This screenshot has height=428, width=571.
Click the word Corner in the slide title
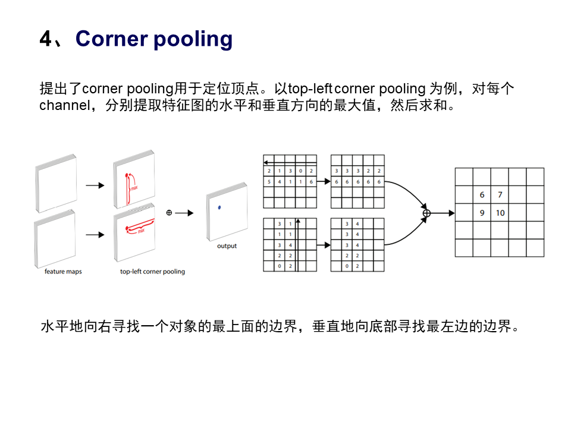pyautogui.click(x=111, y=39)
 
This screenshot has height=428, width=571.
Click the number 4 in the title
pyautogui.click(x=46, y=39)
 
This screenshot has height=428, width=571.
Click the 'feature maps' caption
pyautogui.click(x=64, y=272)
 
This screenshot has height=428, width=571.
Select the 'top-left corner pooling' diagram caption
pyautogui.click(x=152, y=272)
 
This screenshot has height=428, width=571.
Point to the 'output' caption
pyautogui.click(x=227, y=246)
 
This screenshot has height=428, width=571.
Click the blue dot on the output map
pyautogui.click(x=220, y=207)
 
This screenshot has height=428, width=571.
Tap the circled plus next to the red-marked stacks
pyautogui.click(x=169, y=212)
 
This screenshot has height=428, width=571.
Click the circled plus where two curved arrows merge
pyautogui.click(x=426, y=212)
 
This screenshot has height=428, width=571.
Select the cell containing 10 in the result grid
pyautogui.click(x=500, y=212)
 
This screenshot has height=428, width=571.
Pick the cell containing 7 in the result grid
pyautogui.click(x=500, y=194)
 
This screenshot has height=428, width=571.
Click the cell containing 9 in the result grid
pyautogui.click(x=482, y=212)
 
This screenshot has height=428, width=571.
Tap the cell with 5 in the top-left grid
pyautogui.click(x=269, y=181)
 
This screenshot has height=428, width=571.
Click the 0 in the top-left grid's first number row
pyautogui.click(x=301, y=171)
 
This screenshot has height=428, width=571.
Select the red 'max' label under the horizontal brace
pyautogui.click(x=141, y=231)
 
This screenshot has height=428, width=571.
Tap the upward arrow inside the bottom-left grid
pyautogui.click(x=296, y=244)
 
